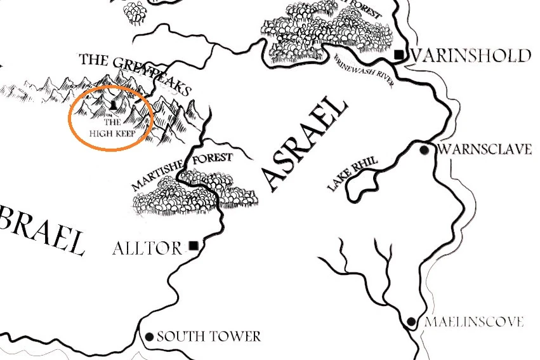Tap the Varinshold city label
[471, 56]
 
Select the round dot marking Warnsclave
[425, 150]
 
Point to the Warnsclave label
[484, 150]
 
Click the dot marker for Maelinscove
[411, 322]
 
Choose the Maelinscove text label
[474, 323]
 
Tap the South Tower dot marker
[150, 337]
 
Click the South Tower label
[208, 337]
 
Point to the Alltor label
[147, 248]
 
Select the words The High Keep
[112, 127]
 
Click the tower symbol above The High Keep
[112, 102]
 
